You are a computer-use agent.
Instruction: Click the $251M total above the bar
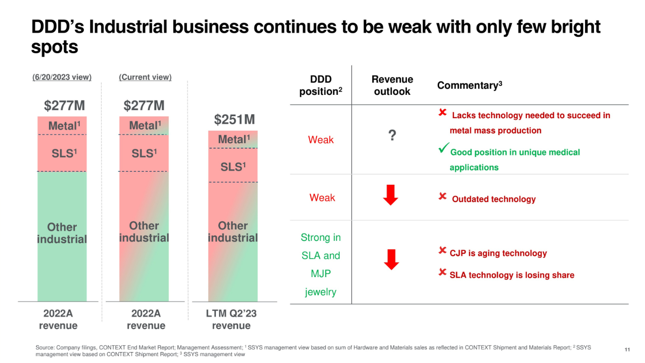click(234, 120)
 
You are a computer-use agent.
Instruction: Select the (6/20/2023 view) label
click(63, 77)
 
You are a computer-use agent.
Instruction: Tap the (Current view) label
click(145, 77)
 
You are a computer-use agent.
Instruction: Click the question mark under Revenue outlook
click(392, 135)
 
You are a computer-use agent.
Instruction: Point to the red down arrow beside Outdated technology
click(391, 195)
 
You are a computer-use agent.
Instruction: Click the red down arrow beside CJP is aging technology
click(391, 259)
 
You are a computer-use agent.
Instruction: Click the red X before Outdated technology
click(443, 197)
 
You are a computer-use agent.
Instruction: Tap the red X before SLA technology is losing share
click(443, 272)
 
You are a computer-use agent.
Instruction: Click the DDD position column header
click(321, 85)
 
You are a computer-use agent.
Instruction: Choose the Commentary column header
click(469, 85)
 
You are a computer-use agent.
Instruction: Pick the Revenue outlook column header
click(392, 85)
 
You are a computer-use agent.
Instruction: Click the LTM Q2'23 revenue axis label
click(231, 319)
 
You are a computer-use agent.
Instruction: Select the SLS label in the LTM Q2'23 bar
click(233, 167)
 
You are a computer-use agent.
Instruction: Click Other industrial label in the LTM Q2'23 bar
click(233, 232)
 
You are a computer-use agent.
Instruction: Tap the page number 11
click(627, 350)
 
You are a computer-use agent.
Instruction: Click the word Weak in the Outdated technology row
click(322, 198)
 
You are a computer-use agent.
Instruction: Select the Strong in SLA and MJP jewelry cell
click(321, 265)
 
